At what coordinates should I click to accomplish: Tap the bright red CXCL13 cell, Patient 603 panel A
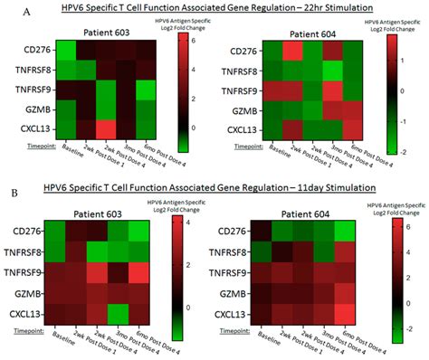pyautogui.click(x=105, y=128)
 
